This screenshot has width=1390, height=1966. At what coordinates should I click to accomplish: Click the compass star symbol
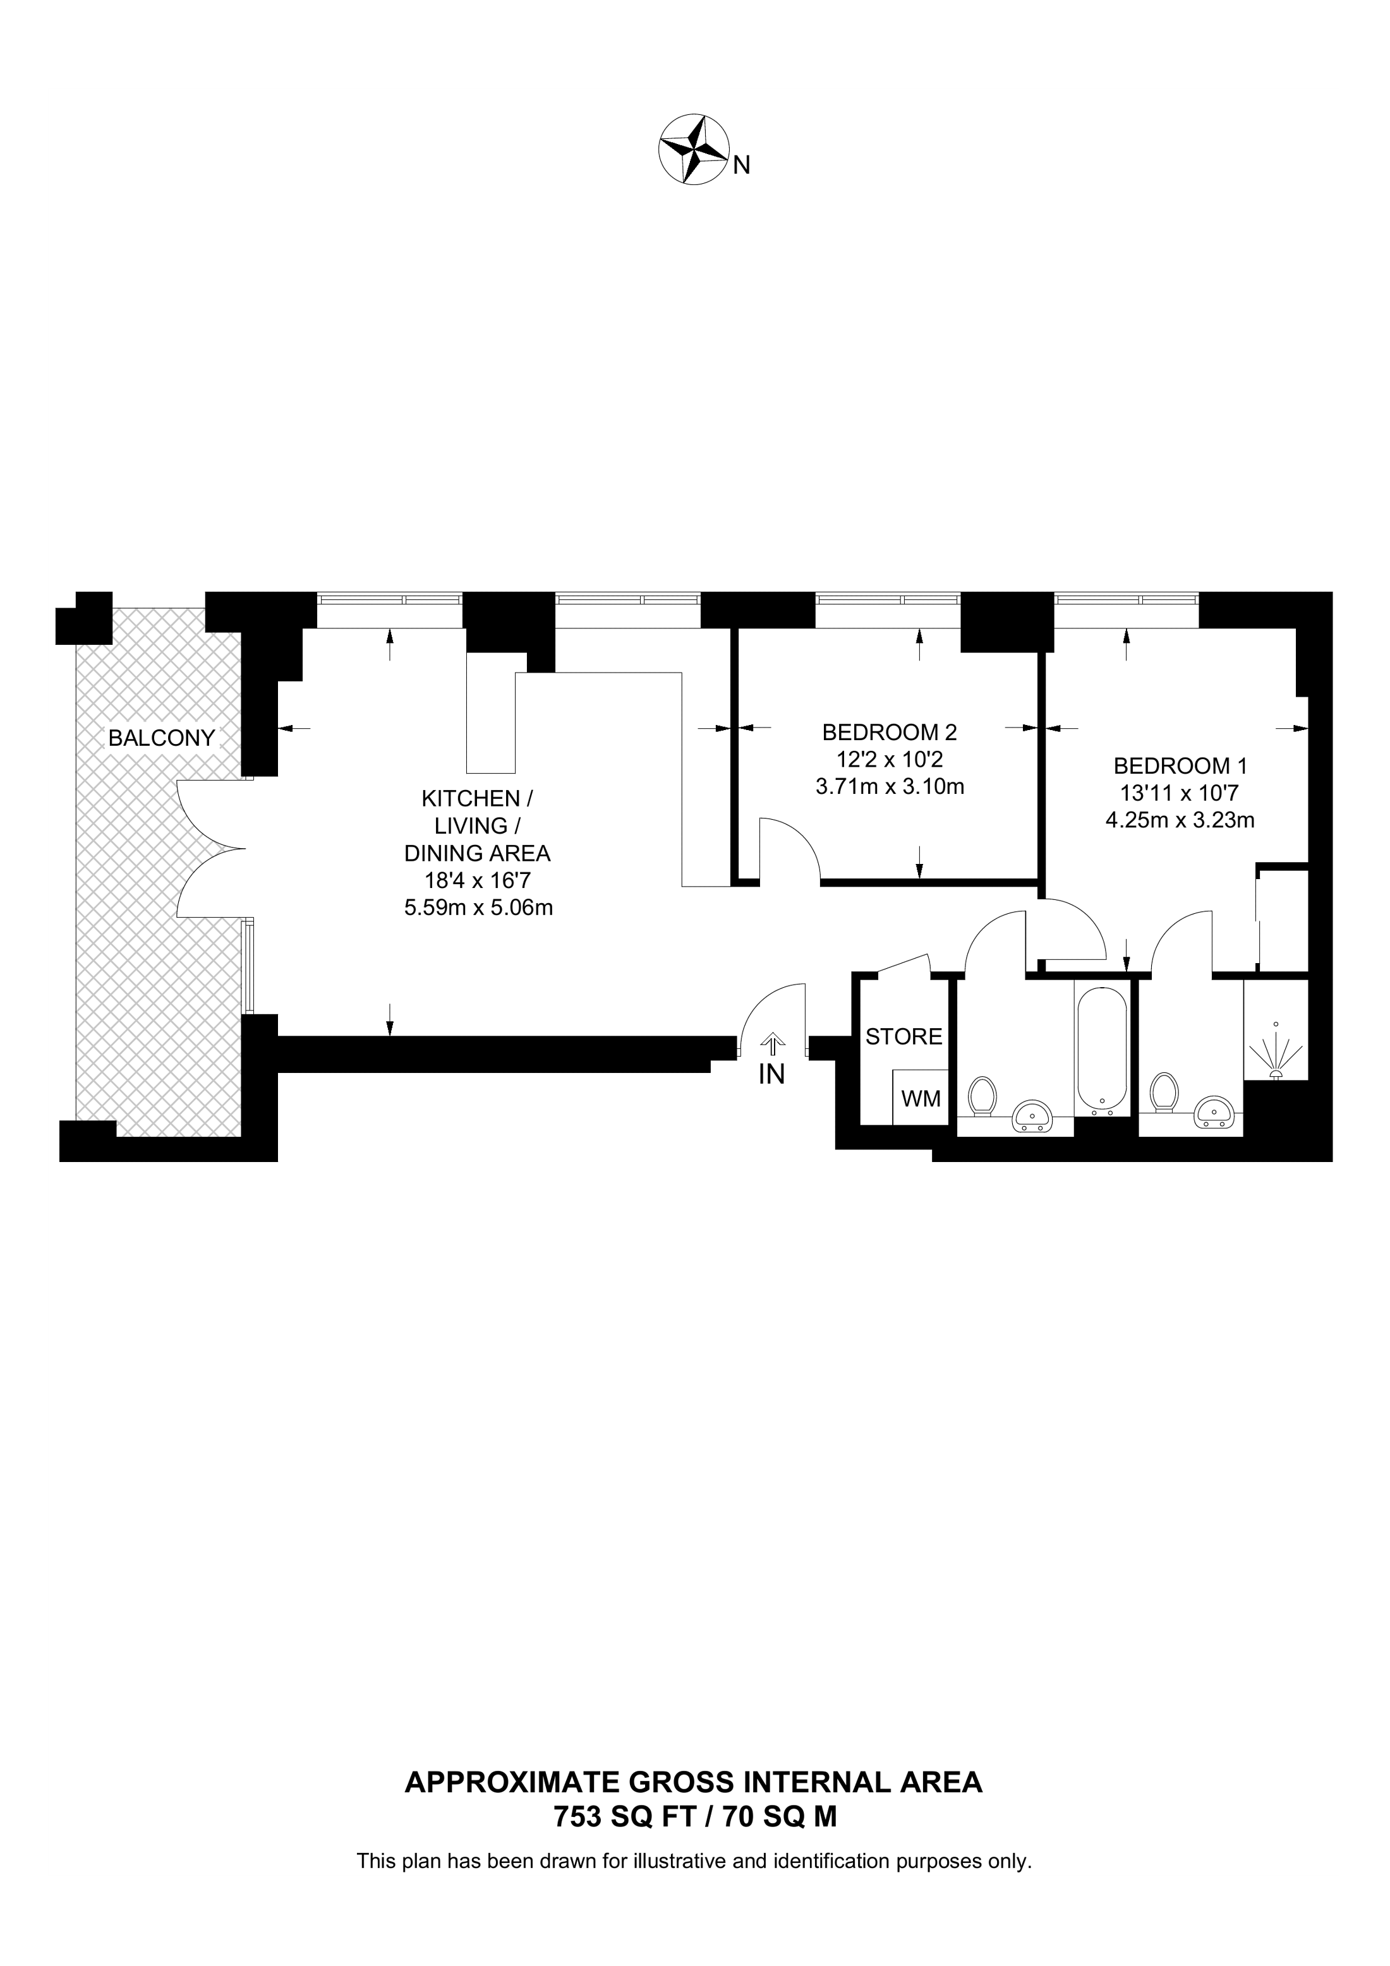point(693,149)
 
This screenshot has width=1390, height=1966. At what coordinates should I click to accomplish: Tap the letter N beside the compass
point(742,165)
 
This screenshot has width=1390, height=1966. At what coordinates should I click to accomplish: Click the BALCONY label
point(161,738)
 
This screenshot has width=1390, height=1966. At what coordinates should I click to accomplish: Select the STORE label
point(903,1037)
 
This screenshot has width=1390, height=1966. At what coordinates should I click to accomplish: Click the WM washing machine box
point(921,1099)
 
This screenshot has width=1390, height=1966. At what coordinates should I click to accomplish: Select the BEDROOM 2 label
point(889,732)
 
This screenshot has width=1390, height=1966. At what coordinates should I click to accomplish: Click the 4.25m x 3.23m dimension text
point(1180,820)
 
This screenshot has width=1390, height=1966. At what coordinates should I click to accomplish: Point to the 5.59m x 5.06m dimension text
point(478,908)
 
